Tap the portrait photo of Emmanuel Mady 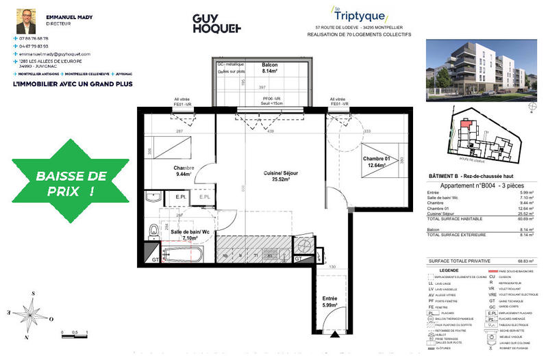click(x=26, y=23)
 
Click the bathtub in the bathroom click(x=182, y=257)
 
